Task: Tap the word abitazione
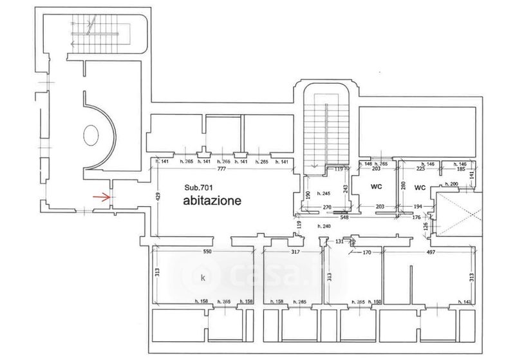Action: pos(212,200)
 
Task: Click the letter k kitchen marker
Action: pos(203,278)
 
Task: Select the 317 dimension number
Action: pos(295,252)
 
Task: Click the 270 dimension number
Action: pos(327,207)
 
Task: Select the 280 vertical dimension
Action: pos(404,186)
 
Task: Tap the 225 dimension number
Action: pos(420,171)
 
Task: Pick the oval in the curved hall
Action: pos(91,136)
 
